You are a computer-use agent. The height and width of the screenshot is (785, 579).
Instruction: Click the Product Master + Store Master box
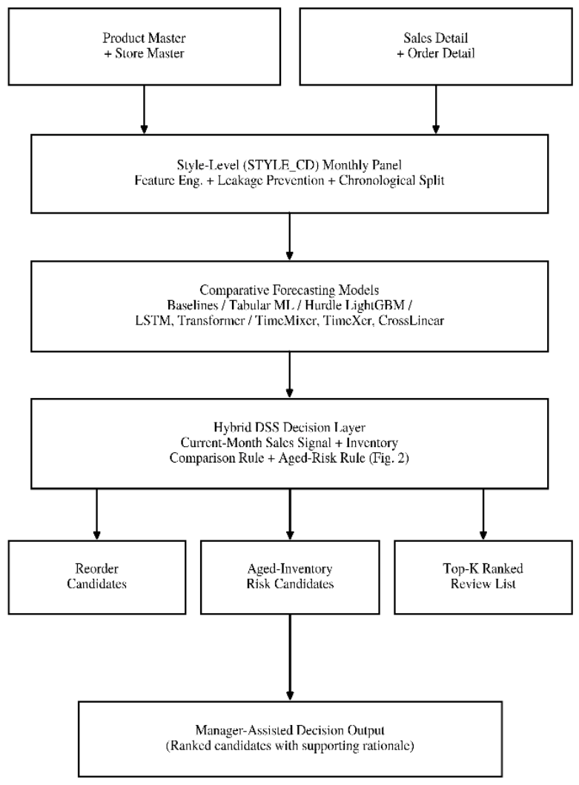[145, 46]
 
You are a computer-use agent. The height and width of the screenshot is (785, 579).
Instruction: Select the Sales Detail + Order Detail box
[436, 46]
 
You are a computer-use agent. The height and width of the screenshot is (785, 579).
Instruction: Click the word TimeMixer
[286, 320]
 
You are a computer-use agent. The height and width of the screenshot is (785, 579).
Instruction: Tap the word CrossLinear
[411, 320]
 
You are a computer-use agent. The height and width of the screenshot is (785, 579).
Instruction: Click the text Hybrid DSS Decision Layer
[289, 427]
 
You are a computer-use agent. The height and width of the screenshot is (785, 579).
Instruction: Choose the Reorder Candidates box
[96, 577]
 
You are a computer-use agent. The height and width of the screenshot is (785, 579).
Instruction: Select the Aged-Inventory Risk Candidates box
[290, 577]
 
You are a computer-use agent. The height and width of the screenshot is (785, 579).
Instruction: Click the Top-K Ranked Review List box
[483, 577]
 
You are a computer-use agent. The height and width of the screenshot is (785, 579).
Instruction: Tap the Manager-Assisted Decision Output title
[290, 730]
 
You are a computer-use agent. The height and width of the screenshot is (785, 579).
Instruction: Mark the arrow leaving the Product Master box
[145, 110]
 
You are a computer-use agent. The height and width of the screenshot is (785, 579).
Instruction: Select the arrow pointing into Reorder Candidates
[96, 514]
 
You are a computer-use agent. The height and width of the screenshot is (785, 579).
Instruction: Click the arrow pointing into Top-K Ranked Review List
[483, 514]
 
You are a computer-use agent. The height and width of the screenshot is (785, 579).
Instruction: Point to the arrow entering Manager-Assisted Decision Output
[290, 658]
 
